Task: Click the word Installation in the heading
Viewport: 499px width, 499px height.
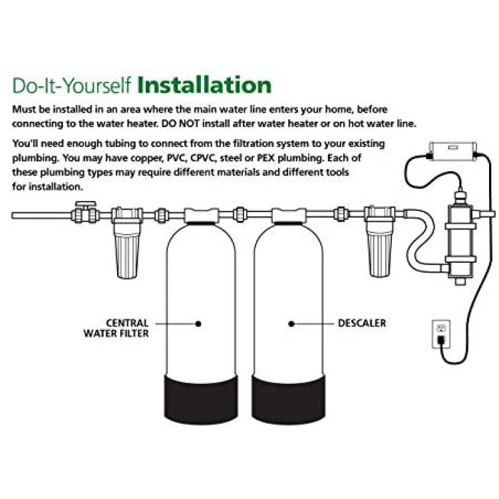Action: [204, 85]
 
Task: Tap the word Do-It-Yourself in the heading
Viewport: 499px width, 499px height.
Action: [72, 85]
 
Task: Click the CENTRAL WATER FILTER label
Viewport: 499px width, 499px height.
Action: [116, 328]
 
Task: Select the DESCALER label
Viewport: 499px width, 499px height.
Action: [362, 323]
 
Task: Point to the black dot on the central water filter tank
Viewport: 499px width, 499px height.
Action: [198, 324]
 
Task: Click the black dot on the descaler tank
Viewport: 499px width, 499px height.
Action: [291, 324]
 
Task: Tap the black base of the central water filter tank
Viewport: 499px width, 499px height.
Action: [201, 399]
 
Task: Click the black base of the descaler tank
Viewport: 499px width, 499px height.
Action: [289, 399]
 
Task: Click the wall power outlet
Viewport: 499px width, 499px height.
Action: [441, 334]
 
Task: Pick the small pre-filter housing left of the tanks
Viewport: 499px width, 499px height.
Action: [127, 242]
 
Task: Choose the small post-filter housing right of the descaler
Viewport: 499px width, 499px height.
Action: [379, 242]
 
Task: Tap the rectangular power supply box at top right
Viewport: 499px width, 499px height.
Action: [453, 150]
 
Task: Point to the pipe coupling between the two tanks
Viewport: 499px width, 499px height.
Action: [239, 214]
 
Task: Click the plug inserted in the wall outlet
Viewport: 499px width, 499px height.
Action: [441, 340]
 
